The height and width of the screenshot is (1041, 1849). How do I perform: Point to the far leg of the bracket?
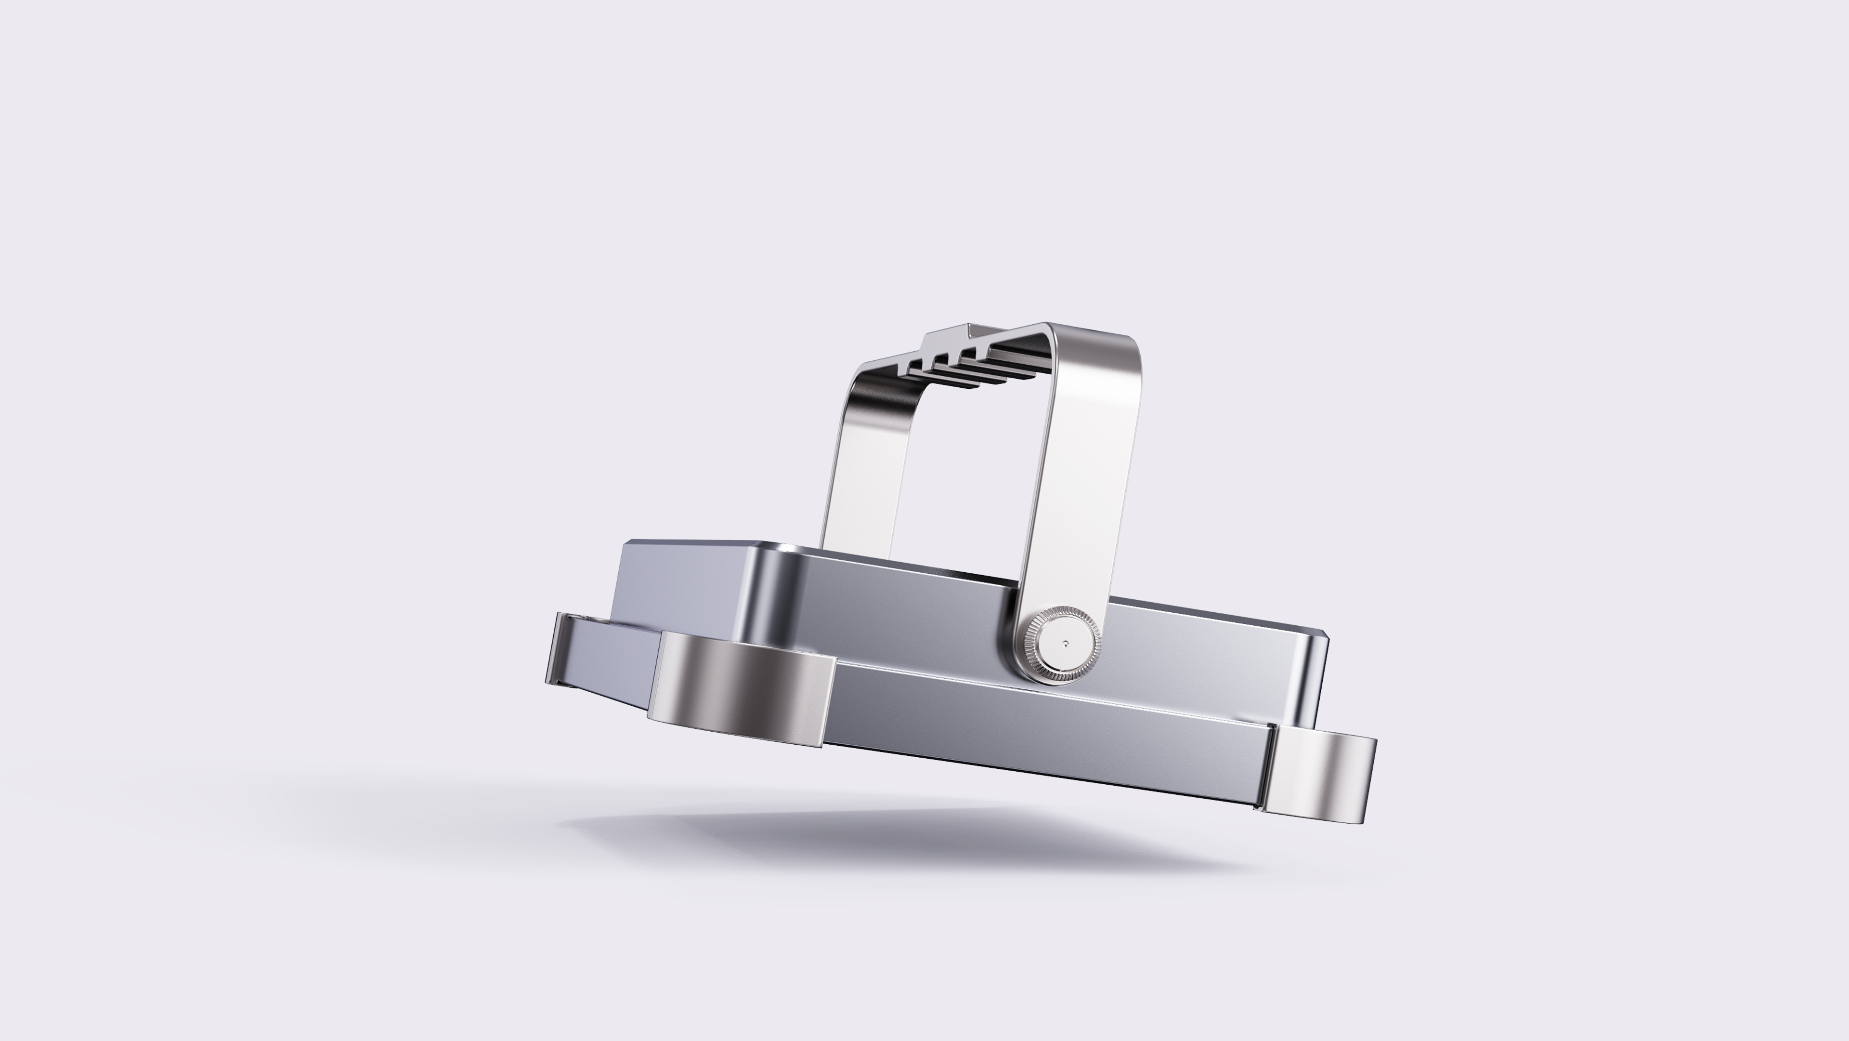pyautogui.click(x=850, y=460)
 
